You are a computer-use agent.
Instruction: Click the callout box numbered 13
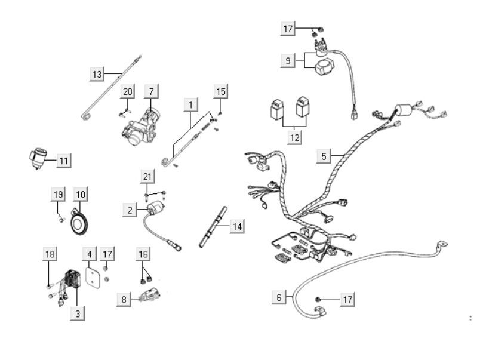pos(97,74)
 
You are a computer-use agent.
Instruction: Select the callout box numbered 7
pos(152,91)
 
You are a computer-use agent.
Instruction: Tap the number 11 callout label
pos(64,159)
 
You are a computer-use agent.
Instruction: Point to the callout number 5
pos(324,156)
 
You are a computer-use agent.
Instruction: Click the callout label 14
pos(237,226)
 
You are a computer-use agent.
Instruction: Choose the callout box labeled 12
pos(294,137)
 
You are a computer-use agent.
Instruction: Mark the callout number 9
pos(288,60)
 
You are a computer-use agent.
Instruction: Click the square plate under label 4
pos(91,277)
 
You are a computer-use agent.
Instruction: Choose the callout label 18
pos(50,254)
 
